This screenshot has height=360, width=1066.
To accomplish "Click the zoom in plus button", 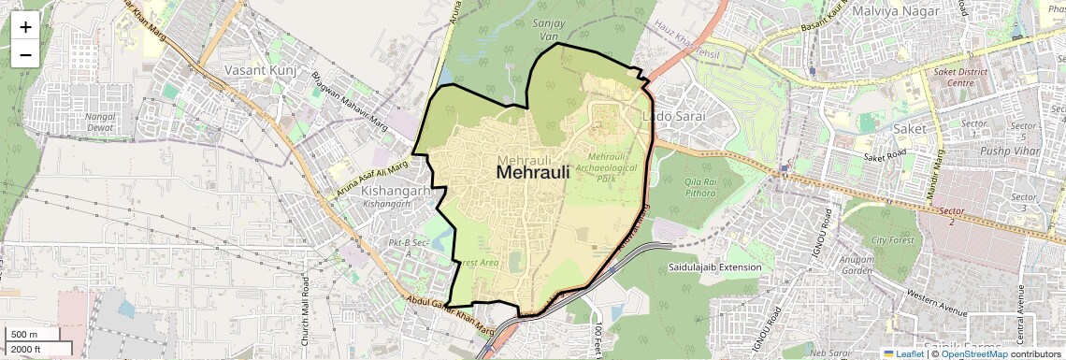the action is coord(25,26).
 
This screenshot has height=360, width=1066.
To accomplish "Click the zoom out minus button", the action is coord(25,54).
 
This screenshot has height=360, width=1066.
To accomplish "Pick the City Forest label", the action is coord(890,241).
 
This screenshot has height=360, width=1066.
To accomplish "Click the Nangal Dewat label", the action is coord(100,123).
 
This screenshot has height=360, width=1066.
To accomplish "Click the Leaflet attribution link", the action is coord(903,354).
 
